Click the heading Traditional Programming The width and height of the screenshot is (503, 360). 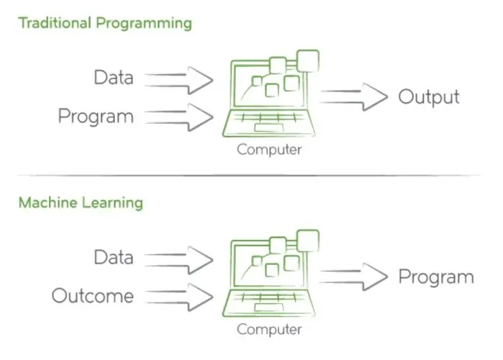tap(105, 24)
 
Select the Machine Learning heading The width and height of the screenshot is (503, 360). tap(81, 203)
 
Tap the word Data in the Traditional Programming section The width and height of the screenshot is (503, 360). tap(114, 78)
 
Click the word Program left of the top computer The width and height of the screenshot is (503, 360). tap(96, 117)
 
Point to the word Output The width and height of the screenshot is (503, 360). tap(429, 97)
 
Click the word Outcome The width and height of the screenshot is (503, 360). tap(93, 296)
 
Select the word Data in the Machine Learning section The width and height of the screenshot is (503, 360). tap(114, 258)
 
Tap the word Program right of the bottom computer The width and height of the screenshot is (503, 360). tap(436, 277)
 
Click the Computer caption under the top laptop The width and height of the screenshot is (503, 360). tap(269, 150)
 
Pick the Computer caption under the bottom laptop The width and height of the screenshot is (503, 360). tap(269, 330)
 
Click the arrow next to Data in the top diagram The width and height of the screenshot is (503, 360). tap(178, 80)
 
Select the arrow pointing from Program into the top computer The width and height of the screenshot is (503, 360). tap(178, 117)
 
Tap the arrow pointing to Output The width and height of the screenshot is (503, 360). tap(354, 97)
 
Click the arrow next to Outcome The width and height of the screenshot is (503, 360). tap(178, 297)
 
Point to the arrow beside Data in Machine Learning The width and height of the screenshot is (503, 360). tap(178, 260)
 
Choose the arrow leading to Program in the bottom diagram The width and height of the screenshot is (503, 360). tap(354, 277)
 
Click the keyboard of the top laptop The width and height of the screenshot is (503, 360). tap(269, 118)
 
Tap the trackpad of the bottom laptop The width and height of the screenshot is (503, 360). tap(269, 307)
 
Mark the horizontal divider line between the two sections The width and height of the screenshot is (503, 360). tap(248, 176)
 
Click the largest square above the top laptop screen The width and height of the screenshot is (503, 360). tap(308, 61)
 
